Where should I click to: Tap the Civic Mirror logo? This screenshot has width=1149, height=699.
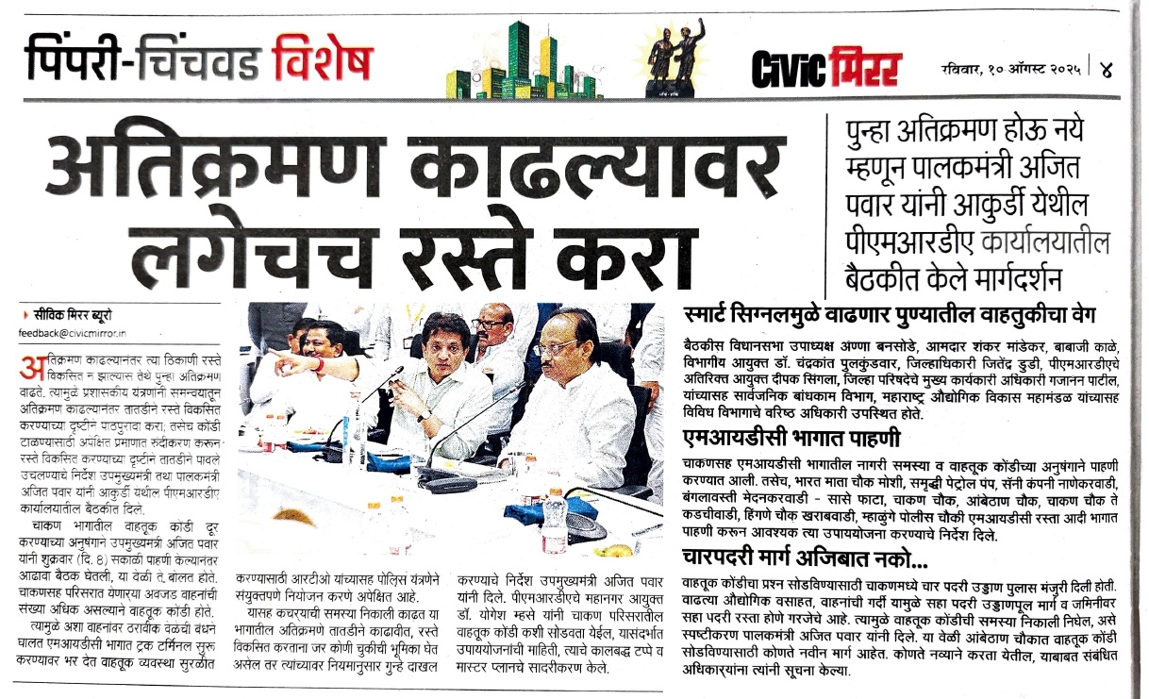825,67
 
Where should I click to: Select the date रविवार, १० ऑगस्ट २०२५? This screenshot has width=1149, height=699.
1012,69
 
